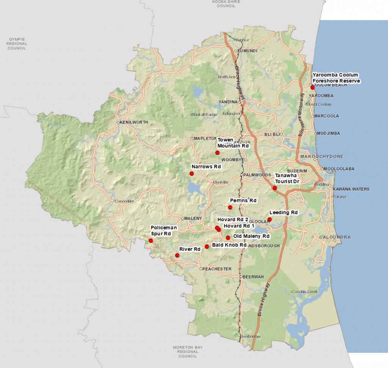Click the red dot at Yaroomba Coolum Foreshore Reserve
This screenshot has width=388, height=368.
click(x=313, y=87)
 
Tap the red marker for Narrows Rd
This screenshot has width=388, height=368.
click(x=192, y=173)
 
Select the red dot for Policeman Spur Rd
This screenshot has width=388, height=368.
click(x=151, y=241)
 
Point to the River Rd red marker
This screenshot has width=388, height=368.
click(x=177, y=255)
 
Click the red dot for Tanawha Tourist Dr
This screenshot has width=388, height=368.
click(x=275, y=188)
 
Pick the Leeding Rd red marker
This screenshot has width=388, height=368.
click(x=269, y=219)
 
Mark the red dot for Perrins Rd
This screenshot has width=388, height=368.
click(x=230, y=207)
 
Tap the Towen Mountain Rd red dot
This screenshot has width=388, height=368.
click(x=217, y=153)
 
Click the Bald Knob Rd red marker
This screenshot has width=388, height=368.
click(x=207, y=247)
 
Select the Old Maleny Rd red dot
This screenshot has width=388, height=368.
click(x=228, y=237)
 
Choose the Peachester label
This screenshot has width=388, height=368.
click(x=217, y=269)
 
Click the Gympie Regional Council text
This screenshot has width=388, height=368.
click(x=17, y=44)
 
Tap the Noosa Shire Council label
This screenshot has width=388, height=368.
click(x=224, y=4)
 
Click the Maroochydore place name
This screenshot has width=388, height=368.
click(x=322, y=156)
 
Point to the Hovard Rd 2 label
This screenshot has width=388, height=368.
click(x=233, y=219)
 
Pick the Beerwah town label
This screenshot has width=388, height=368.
click(x=253, y=277)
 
